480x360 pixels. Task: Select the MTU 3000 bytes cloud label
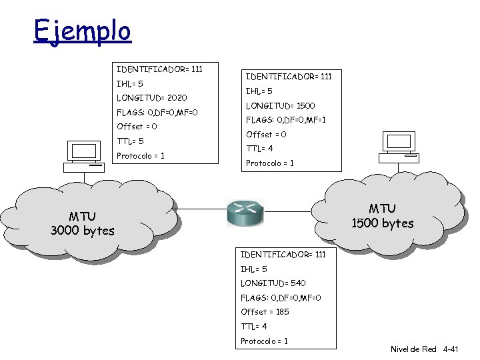(82, 223)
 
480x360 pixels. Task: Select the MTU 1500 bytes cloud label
(382, 216)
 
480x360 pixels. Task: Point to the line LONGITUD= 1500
(281, 106)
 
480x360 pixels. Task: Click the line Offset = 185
(265, 312)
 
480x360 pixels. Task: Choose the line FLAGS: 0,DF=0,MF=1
(285, 121)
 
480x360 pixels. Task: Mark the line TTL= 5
(130, 141)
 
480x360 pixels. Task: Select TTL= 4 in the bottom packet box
(253, 327)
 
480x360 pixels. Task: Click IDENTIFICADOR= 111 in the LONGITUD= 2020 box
(159, 69)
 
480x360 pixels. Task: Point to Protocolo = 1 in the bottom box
(264, 341)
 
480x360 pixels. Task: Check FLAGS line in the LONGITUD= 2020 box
(157, 112)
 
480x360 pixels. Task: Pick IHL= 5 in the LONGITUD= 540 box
(253, 269)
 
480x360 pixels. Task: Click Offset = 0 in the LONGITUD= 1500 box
(267, 135)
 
